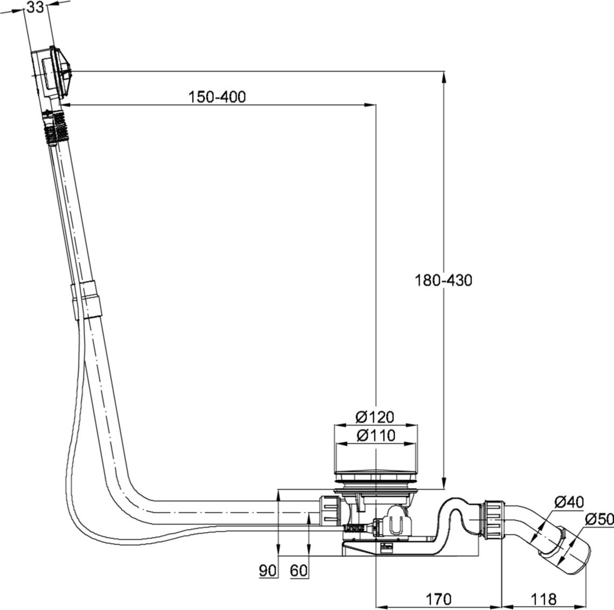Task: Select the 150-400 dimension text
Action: click(x=217, y=97)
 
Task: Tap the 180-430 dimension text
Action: click(x=443, y=280)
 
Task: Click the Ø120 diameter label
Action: click(x=375, y=416)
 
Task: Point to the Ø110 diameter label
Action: click(x=375, y=435)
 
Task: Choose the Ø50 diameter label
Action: click(x=598, y=519)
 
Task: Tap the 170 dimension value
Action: click(x=438, y=599)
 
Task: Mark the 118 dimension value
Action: click(x=542, y=599)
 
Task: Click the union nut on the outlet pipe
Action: click(x=493, y=518)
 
